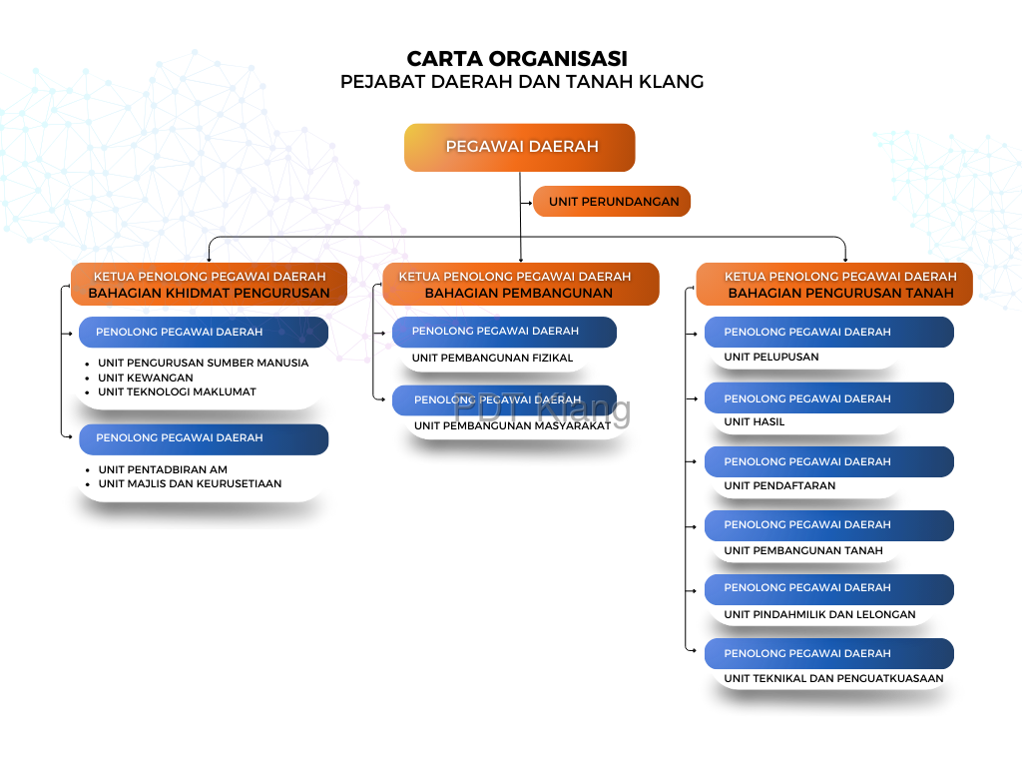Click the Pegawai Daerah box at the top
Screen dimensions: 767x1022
pyautogui.click(x=520, y=147)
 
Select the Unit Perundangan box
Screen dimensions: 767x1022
pyautogui.click(x=612, y=202)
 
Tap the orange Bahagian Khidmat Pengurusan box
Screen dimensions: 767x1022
pyautogui.click(x=209, y=285)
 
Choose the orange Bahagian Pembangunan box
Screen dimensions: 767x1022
pyautogui.click(x=520, y=285)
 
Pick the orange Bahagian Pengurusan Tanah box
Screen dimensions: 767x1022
pyautogui.click(x=834, y=285)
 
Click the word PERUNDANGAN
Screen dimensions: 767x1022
pyautogui.click(x=630, y=202)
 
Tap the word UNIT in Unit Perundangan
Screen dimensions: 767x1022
pyautogui.click(x=563, y=202)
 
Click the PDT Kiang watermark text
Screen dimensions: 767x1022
pyautogui.click(x=542, y=407)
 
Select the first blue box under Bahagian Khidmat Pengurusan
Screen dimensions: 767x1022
pyautogui.click(x=204, y=333)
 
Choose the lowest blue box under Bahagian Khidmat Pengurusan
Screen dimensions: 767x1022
pyautogui.click(x=204, y=438)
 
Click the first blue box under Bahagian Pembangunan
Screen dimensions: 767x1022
pyautogui.click(x=504, y=332)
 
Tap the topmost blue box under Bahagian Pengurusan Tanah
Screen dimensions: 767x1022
pyautogui.click(x=828, y=333)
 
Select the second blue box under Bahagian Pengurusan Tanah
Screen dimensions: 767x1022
pyautogui.click(x=828, y=398)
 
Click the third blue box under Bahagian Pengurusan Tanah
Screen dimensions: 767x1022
pyautogui.click(x=828, y=461)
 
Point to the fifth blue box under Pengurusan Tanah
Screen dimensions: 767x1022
pyautogui.click(x=828, y=588)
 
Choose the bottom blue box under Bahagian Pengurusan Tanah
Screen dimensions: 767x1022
pyautogui.click(x=828, y=654)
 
